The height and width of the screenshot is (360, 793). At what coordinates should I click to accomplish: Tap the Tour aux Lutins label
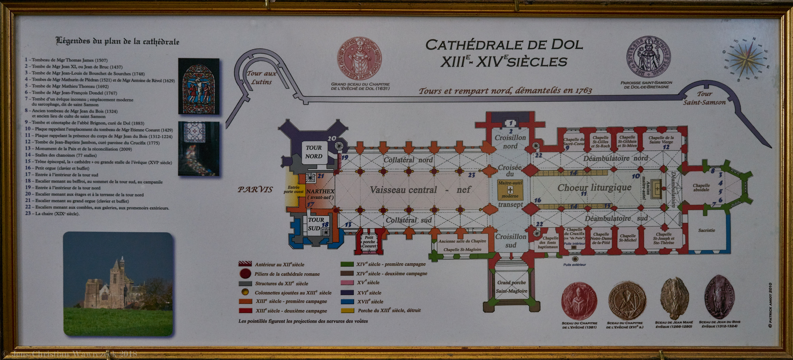pos(261,77)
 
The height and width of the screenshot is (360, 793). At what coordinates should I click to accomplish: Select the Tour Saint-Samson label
pos(704,98)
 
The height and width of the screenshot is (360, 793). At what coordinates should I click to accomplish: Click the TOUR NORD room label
pos(314,152)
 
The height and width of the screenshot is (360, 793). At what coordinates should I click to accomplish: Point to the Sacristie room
pos(707,230)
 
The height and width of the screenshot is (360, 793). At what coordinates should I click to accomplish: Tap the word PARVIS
pos(255,189)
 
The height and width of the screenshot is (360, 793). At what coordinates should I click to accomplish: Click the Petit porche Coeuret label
pos(369,242)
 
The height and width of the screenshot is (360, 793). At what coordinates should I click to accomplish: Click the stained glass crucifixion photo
pos(199,86)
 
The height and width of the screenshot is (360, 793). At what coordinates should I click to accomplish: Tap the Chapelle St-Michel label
pos(628,238)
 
